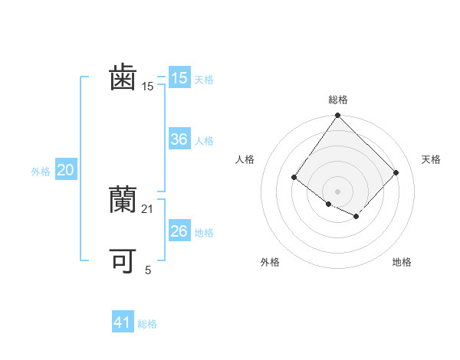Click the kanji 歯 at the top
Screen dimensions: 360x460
point(123,78)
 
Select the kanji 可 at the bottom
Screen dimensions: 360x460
point(123,260)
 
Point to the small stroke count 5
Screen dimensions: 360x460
point(148,270)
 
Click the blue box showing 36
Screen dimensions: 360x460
point(179,139)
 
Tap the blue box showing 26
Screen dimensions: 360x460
point(179,231)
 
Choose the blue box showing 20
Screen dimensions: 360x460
point(65,171)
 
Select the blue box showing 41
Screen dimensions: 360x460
point(123,322)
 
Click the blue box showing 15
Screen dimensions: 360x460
point(179,77)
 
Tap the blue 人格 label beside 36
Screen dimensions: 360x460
point(204,141)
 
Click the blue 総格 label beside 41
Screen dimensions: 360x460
point(147,324)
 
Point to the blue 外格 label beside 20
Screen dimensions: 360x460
point(41,172)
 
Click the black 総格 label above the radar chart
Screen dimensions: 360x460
point(338,100)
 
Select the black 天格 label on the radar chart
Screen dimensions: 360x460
point(431,159)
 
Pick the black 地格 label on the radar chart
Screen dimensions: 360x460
point(402,262)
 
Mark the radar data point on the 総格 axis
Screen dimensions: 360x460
point(337,116)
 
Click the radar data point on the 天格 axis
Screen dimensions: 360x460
point(396,172)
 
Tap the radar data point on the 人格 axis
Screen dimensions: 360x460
point(294,177)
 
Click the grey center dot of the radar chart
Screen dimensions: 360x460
point(337,191)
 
